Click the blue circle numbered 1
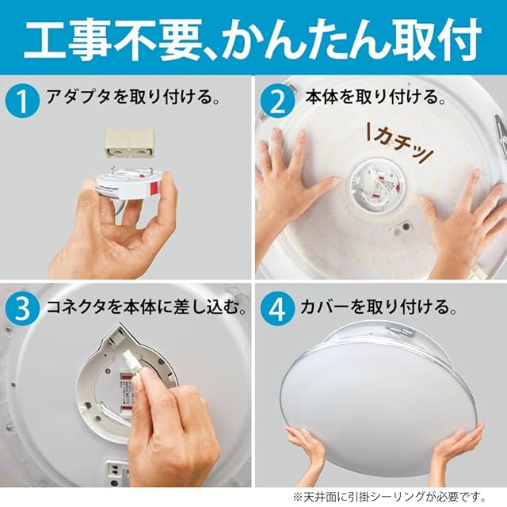(x=23, y=101)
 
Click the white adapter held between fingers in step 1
(x=128, y=185)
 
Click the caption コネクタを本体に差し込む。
(x=146, y=307)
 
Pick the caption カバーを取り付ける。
(x=379, y=307)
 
